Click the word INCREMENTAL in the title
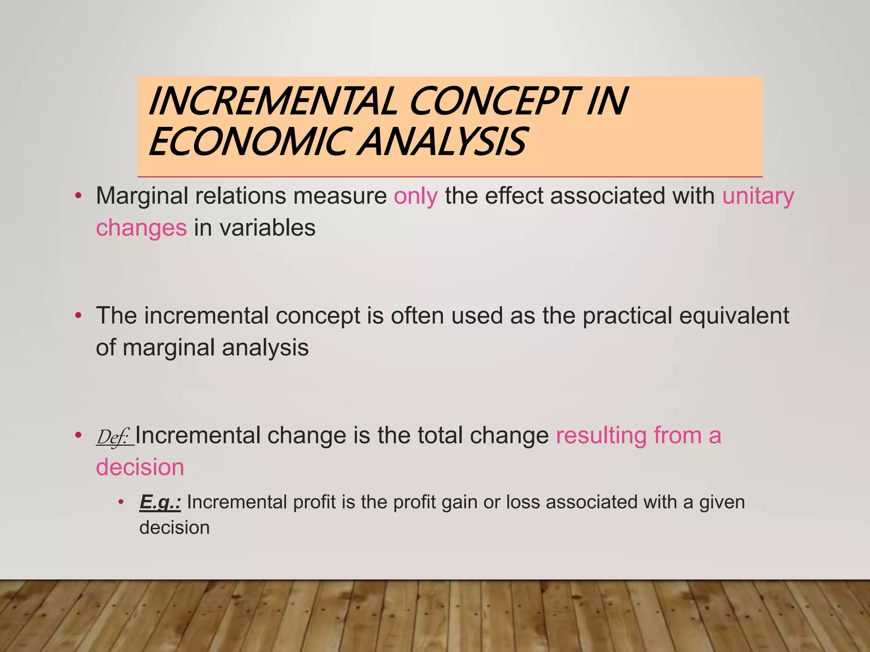click(272, 101)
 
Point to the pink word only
click(415, 197)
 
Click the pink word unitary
click(758, 197)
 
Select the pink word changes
click(141, 228)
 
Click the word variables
click(267, 228)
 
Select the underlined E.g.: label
click(160, 502)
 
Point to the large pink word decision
click(140, 467)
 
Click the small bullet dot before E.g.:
click(121, 502)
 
